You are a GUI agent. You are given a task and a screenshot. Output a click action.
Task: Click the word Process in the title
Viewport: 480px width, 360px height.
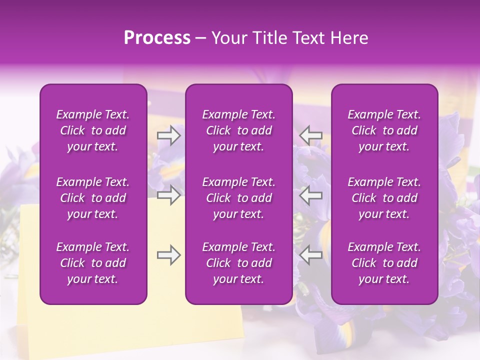click(157, 38)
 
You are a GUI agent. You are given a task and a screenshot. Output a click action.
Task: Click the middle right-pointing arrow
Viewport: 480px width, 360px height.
click(168, 195)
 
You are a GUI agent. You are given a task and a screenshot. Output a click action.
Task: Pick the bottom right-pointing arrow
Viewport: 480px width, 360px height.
click(168, 255)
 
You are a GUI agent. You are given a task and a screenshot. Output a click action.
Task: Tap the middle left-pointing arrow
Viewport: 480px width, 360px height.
click(310, 195)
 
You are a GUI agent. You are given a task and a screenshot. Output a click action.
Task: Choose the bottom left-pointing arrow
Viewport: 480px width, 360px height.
click(310, 255)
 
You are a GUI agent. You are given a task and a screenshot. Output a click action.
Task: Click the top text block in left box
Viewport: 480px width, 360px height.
click(93, 130)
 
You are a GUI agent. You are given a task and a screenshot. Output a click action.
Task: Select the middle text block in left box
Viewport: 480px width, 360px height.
click(93, 198)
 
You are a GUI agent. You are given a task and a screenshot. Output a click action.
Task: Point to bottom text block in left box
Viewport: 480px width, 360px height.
click(93, 263)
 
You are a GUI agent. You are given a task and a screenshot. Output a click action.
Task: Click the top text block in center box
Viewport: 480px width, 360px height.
click(239, 130)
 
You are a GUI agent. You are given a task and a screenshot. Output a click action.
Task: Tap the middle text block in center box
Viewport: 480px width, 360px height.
click(239, 198)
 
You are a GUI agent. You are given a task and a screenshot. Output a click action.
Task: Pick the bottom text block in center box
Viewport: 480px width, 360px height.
click(239, 263)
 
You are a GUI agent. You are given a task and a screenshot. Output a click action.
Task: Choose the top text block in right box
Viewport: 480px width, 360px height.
click(384, 130)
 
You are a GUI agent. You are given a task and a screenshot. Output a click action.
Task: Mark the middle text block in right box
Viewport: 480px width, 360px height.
click(384, 198)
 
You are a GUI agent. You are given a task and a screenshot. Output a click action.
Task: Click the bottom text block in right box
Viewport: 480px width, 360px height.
click(384, 263)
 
